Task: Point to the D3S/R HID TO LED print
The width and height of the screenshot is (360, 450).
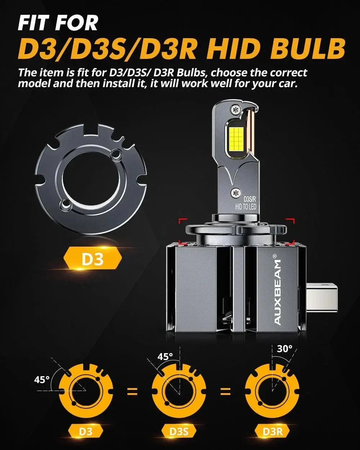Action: [246, 202]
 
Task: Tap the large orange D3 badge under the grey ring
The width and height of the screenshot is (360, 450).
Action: [93, 259]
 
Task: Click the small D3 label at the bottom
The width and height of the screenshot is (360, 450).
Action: [85, 431]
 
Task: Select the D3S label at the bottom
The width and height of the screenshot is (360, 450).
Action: [179, 431]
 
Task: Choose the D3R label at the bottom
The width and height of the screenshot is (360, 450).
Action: [272, 431]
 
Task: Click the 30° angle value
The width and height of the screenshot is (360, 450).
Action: [285, 348]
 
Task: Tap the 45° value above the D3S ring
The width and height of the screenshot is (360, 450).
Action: [165, 356]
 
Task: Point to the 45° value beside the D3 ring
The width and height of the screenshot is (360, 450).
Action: [42, 379]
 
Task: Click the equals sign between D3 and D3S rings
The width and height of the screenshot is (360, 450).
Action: [132, 391]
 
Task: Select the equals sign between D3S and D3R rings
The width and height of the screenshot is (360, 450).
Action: [225, 391]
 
